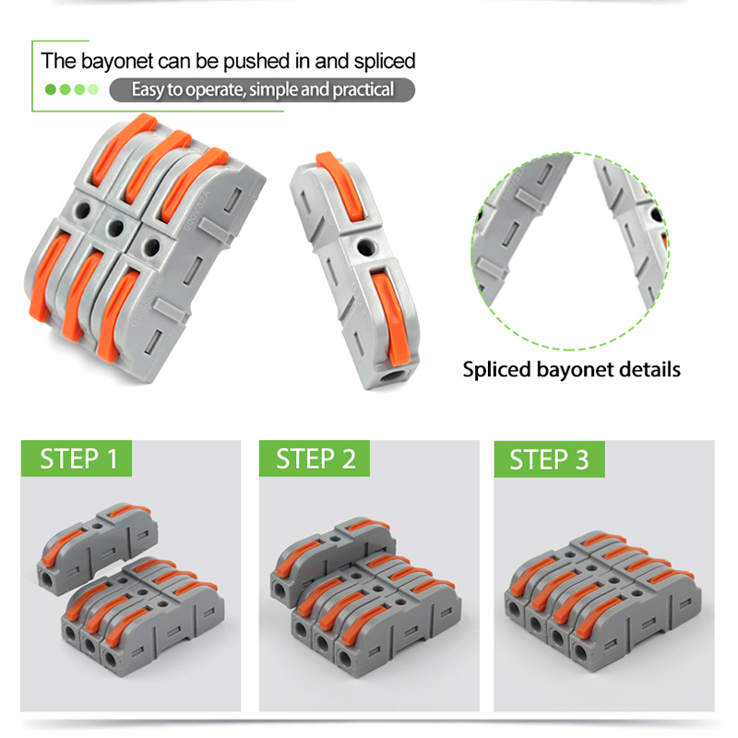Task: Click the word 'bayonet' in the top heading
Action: (x=117, y=62)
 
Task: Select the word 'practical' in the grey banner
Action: (x=363, y=89)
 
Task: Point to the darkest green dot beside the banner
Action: (x=51, y=89)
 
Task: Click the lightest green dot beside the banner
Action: (x=93, y=89)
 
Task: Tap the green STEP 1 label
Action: (x=77, y=458)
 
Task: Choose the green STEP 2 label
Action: (x=315, y=458)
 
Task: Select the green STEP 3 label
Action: (x=549, y=459)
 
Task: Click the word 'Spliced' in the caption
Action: (x=496, y=371)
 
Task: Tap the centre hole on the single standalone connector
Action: (x=363, y=246)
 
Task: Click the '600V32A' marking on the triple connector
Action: (x=196, y=209)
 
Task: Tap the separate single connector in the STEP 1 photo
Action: (x=98, y=548)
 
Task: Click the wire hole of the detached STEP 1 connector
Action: (x=48, y=577)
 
